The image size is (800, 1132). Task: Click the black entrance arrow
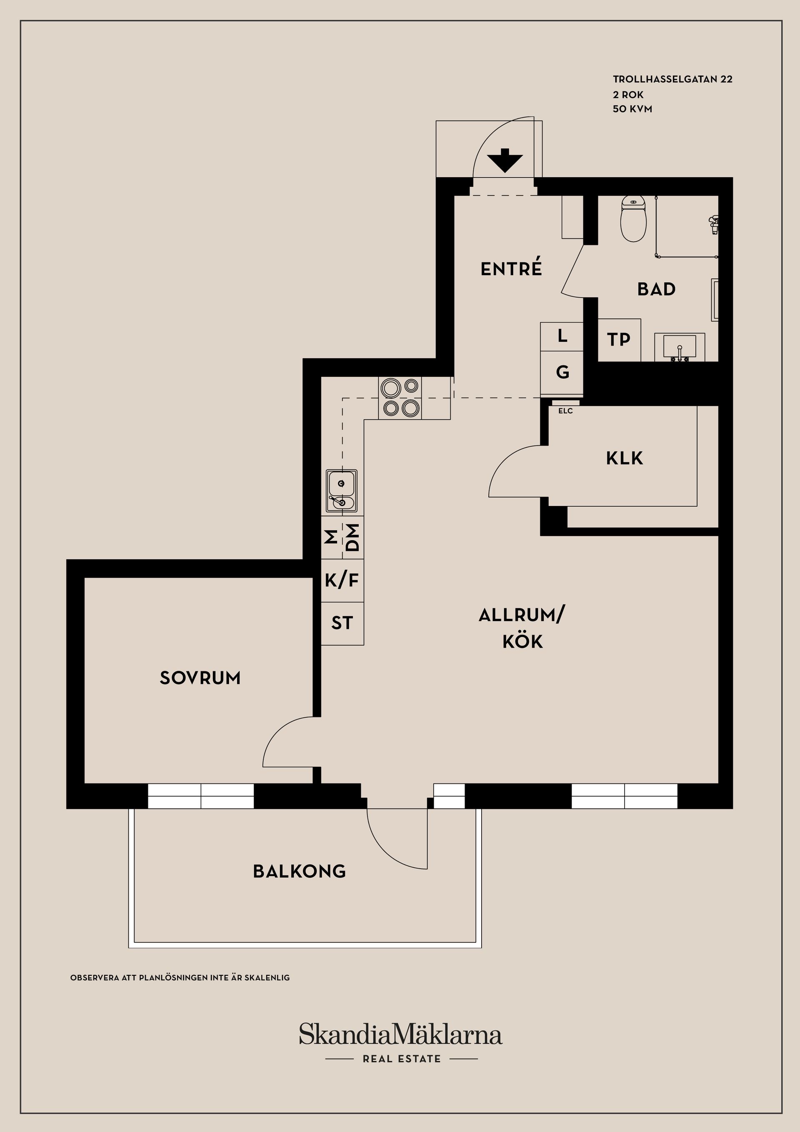coord(505,161)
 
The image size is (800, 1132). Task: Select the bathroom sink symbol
coord(680,347)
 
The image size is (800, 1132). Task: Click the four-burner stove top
coord(400,398)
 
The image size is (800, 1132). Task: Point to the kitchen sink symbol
coord(342,491)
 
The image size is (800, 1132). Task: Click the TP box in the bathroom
coord(619,340)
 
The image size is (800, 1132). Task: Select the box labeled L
coord(562,336)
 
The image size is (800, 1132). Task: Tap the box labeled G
coord(562,372)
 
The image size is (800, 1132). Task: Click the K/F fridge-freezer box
coord(342,580)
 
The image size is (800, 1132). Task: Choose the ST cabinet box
coord(342,623)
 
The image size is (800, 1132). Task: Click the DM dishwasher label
coord(353,537)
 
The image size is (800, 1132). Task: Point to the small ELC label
coord(565,411)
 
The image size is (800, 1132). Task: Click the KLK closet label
coord(625,458)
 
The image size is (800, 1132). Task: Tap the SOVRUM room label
coord(200,678)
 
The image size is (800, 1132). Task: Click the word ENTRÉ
coord(511,269)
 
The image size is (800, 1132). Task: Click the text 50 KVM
coord(632,109)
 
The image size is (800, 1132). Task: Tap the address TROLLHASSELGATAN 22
coord(672,79)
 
